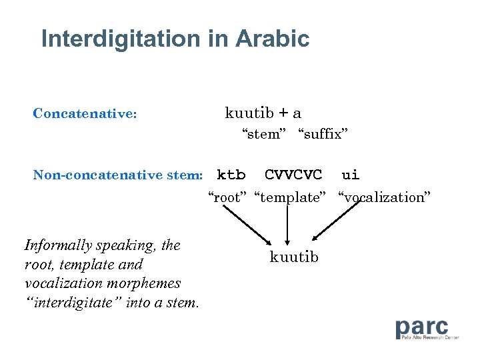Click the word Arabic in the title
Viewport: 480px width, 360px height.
pyautogui.click(x=272, y=39)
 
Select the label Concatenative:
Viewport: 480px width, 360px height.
pyautogui.click(x=85, y=113)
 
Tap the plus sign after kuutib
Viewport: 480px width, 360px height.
pyautogui.click(x=284, y=113)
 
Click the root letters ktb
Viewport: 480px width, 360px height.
pyautogui.click(x=231, y=175)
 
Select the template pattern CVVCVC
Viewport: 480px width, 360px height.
pyautogui.click(x=293, y=175)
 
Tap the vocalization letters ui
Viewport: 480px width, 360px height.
pyautogui.click(x=350, y=175)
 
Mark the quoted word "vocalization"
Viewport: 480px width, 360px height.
pyautogui.click(x=385, y=197)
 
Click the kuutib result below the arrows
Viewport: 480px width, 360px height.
pyautogui.click(x=294, y=257)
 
